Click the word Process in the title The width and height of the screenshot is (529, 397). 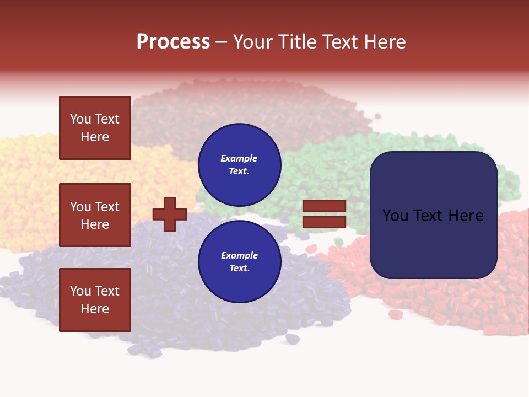coord(173,42)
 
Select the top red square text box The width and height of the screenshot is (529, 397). coord(95,128)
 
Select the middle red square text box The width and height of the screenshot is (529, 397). coord(95,215)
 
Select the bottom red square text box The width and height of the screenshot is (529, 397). coord(95,300)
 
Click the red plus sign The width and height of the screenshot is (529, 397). coord(169,214)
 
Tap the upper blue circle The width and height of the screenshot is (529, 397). coord(239,165)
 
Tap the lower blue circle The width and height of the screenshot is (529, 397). coord(239,262)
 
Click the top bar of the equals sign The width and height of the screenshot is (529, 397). coord(324,206)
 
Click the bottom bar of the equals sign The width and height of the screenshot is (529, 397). coord(324,222)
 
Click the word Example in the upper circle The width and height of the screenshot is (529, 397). coord(239,158)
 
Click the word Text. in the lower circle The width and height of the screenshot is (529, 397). coord(239,269)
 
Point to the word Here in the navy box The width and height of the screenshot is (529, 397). coord(466,216)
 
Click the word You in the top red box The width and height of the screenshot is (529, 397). coord(80,119)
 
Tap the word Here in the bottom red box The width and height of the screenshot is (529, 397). coord(95,309)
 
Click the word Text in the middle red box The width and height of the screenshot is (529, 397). coord(107,207)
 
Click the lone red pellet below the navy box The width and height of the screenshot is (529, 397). coord(395,314)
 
